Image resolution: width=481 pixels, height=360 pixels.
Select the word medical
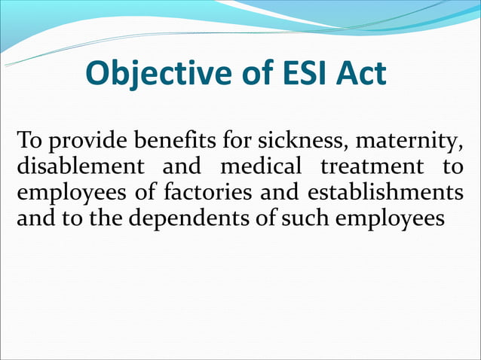tap(260, 166)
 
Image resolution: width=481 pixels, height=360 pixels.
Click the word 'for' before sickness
tap(238, 141)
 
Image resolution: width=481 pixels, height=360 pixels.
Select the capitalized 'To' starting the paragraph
tap(30, 141)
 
